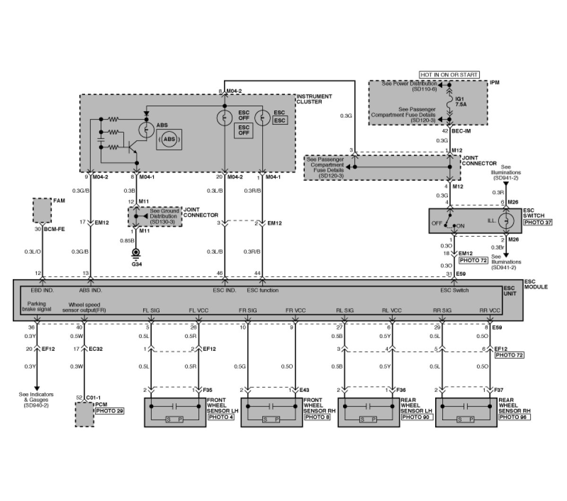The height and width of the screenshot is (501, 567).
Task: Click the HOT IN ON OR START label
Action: [449, 75]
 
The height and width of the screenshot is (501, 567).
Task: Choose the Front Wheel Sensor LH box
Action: [175, 413]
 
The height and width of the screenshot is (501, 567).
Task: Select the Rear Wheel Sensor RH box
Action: [466, 413]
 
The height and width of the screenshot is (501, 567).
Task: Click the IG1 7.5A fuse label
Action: [461, 103]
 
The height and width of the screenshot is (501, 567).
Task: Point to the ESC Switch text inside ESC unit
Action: [455, 290]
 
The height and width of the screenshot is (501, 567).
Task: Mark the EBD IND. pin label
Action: [42, 290]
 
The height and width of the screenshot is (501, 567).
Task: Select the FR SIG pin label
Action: [248, 311]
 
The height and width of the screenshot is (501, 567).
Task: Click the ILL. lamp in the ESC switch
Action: [506, 221]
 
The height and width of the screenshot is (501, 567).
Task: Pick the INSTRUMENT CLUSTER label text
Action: [315, 99]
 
